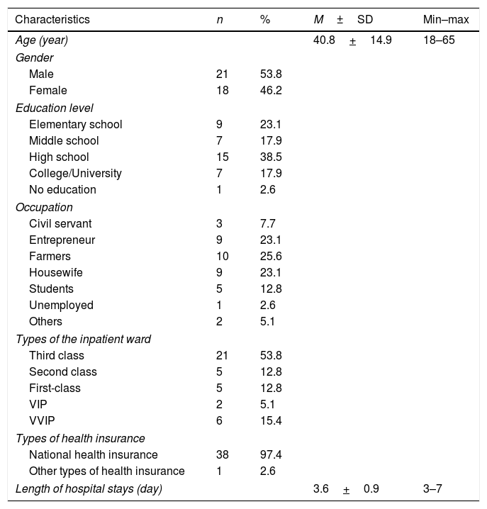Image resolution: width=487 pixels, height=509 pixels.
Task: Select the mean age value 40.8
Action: coord(325,40)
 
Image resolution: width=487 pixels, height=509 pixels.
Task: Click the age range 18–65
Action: coord(437,40)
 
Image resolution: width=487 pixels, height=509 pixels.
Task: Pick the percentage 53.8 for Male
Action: coord(271,74)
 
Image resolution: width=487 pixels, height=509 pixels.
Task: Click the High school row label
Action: coord(60,157)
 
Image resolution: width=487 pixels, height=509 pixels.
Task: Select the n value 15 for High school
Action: coord(223,157)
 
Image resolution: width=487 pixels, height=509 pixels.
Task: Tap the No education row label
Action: coord(62,190)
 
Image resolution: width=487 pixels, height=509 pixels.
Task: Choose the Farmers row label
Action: coord(50,256)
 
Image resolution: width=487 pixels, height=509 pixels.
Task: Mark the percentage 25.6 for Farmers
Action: coord(271,256)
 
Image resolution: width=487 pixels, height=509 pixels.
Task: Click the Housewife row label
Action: coord(53,273)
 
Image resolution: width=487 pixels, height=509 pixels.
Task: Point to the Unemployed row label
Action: coord(61,306)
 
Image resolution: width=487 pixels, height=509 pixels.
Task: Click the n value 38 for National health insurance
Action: coord(223,455)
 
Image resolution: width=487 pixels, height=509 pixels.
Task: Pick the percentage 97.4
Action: coord(271,455)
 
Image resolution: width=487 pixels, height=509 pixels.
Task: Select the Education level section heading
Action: coord(55,107)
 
